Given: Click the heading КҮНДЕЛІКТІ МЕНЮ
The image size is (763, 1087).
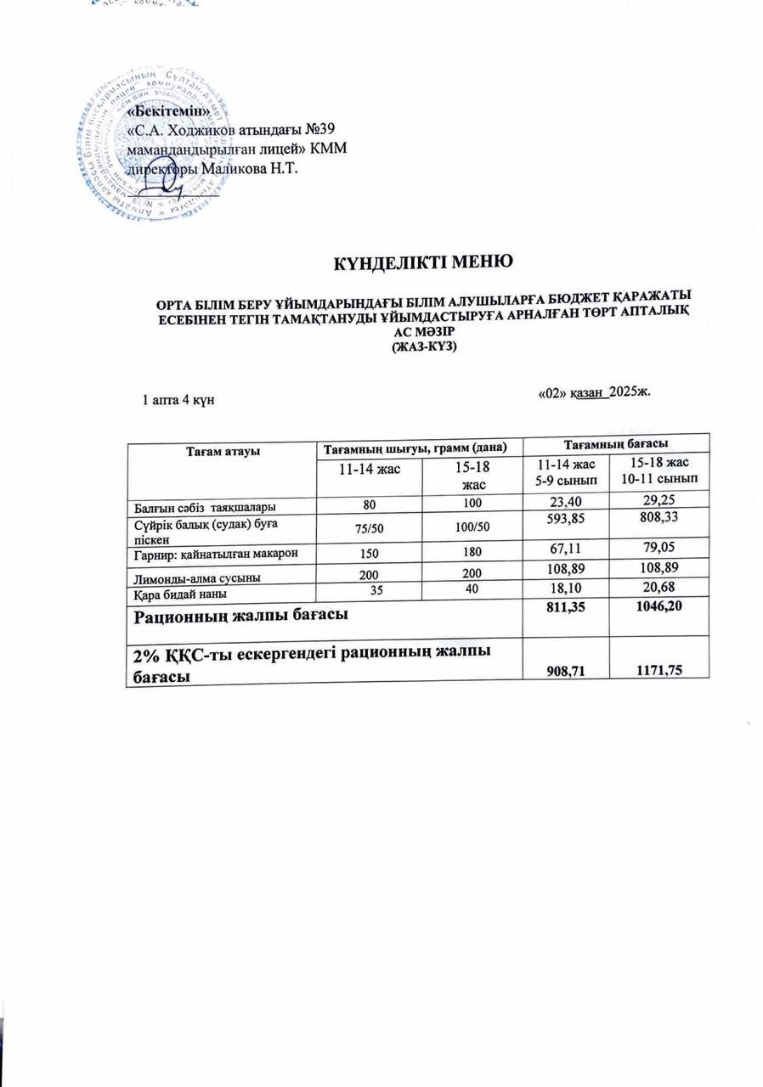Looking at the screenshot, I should click(422, 261).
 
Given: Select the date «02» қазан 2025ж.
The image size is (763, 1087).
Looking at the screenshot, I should click(595, 392).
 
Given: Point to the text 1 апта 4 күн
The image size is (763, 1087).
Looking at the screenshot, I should click(176, 400).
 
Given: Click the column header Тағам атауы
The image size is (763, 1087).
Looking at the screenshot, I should click(222, 448).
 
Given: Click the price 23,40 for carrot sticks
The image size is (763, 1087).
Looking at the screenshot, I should click(561, 499).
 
